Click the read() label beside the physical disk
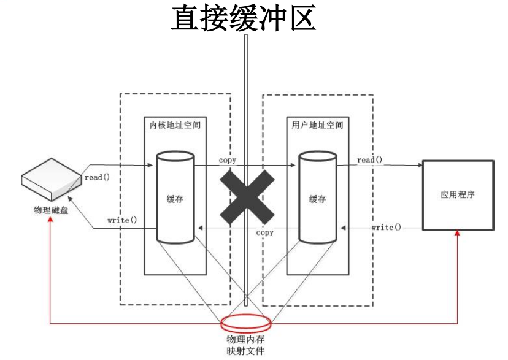coord(97,177)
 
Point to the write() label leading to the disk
coord(122,220)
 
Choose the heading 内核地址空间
coord(175,125)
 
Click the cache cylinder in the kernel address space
coord(175,197)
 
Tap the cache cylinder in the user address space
coord(317,197)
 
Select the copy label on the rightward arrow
coord(227,160)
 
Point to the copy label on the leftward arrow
coord(264,233)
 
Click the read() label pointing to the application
coord(369,160)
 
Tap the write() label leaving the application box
coord(387,228)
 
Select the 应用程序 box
coord(458,195)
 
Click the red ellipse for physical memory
coord(245,322)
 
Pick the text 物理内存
coord(245,340)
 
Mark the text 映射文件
coord(245,351)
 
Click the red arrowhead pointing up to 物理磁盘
coord(51,220)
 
